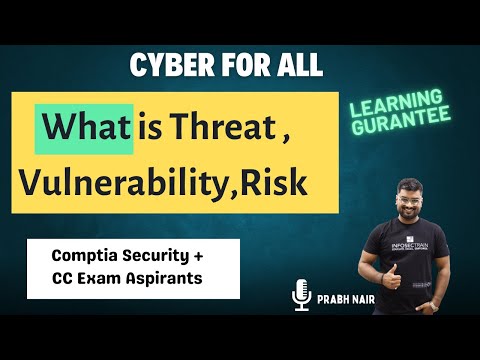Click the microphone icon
[x=297, y=296]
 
